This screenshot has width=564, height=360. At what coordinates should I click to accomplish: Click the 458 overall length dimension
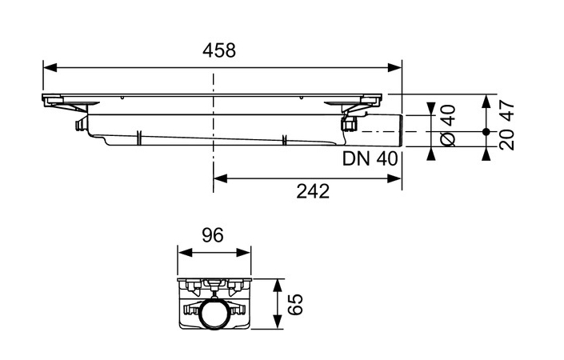(218, 50)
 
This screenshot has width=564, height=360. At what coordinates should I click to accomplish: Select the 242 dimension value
(307, 192)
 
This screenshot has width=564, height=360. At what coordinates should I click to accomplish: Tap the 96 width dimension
(213, 235)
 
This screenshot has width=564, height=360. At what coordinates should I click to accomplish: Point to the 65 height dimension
(297, 304)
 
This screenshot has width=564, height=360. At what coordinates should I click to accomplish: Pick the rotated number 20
(506, 140)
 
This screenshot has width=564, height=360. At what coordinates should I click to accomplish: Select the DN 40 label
(370, 158)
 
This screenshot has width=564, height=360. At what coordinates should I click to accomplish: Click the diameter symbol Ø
(448, 140)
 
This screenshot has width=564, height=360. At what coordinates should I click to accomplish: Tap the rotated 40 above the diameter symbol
(448, 114)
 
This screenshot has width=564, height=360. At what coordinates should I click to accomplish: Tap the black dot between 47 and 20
(486, 131)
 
